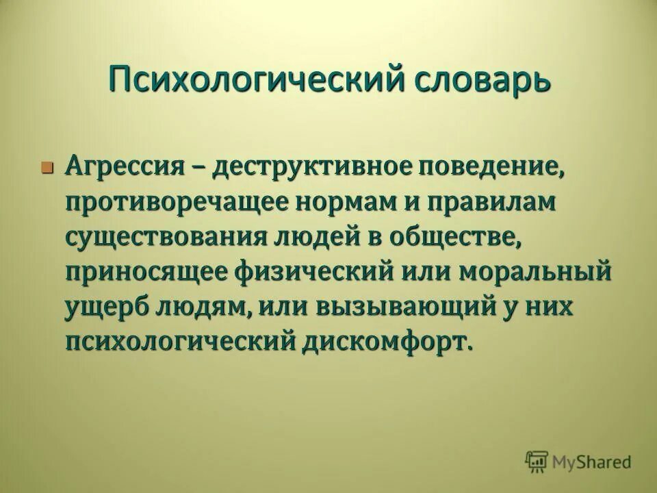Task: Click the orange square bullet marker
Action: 47,167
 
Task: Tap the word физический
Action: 307,271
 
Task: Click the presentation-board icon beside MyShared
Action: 537,462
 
